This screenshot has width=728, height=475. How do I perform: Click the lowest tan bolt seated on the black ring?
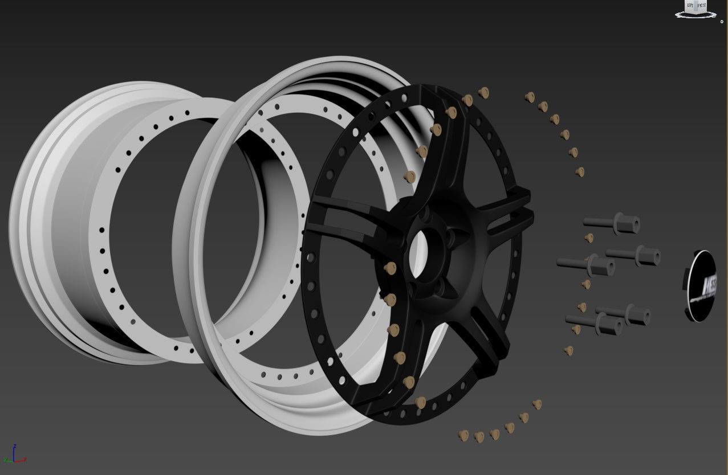(x=421, y=403)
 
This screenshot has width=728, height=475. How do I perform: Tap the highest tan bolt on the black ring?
(x=483, y=92)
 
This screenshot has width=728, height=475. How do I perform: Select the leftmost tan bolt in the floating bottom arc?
(x=463, y=436)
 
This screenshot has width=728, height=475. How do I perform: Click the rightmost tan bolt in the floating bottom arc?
(x=536, y=404)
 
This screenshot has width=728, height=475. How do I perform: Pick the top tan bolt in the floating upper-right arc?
(x=530, y=97)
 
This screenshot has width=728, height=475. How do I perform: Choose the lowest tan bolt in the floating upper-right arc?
(x=580, y=171)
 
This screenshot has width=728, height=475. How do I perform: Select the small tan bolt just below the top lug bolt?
(x=589, y=237)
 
